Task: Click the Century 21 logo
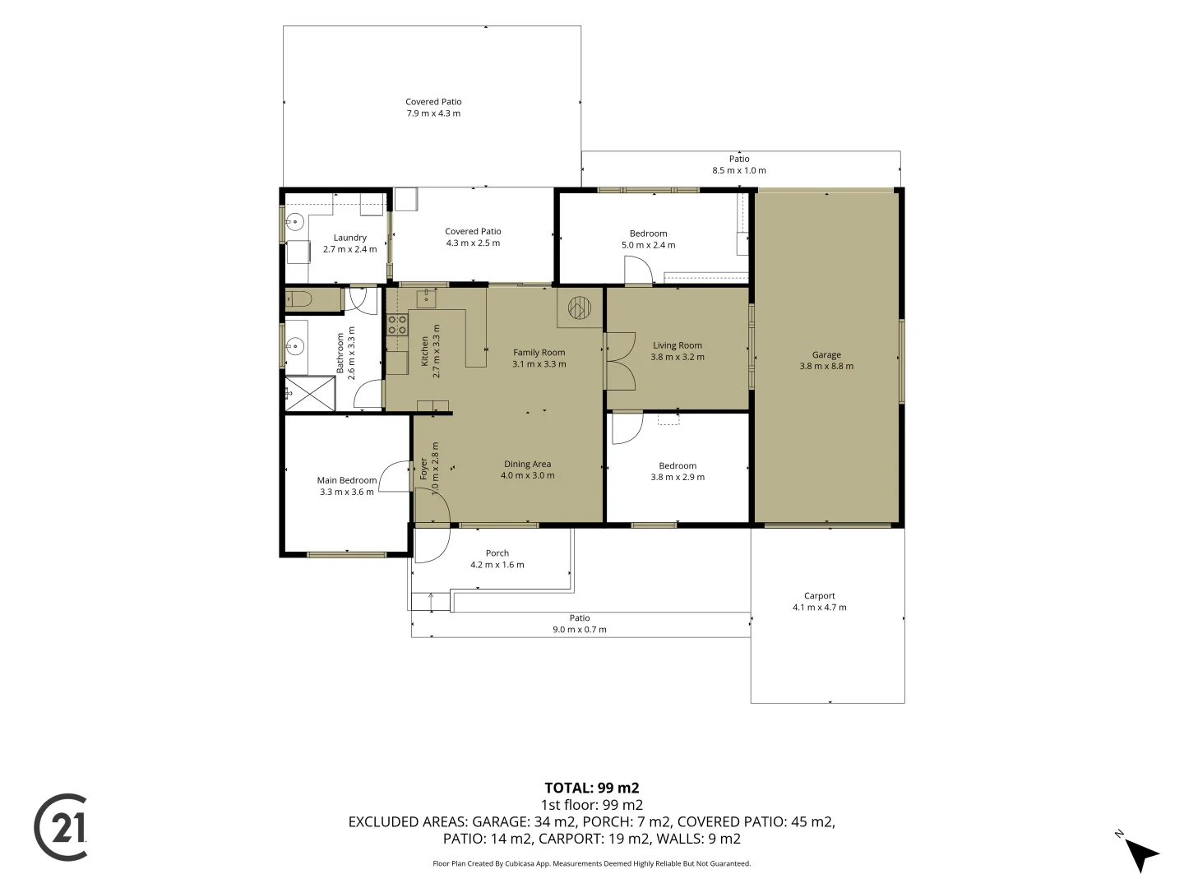click(x=60, y=826)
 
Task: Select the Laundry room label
click(x=349, y=238)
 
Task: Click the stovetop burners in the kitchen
click(x=397, y=325)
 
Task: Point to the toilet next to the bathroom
click(x=298, y=298)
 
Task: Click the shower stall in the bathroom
click(x=310, y=394)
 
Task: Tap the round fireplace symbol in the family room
click(x=580, y=308)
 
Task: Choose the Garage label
click(x=826, y=354)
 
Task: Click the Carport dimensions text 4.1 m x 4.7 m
click(x=820, y=607)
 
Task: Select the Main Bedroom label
click(x=347, y=480)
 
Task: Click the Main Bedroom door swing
click(x=395, y=476)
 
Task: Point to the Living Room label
click(x=678, y=345)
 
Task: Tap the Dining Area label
click(x=528, y=464)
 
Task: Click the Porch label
click(x=497, y=553)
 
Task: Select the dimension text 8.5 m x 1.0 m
click(x=739, y=170)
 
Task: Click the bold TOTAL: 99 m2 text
click(x=592, y=788)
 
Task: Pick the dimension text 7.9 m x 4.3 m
click(x=433, y=113)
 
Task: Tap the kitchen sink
click(x=426, y=298)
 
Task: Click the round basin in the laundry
click(x=294, y=221)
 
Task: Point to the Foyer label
click(x=423, y=469)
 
